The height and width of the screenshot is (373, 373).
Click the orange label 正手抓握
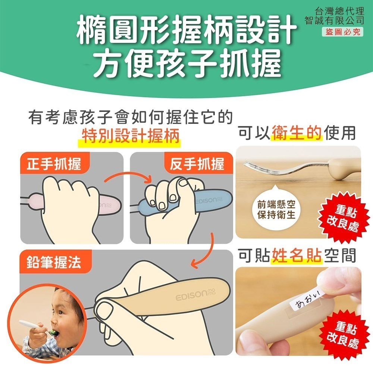point(54,164)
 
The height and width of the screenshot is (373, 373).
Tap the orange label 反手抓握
point(197,164)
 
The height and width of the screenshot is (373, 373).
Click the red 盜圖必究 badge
point(343,32)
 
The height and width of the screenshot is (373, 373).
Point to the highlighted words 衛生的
point(297,133)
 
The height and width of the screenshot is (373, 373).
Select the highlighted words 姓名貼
point(297,256)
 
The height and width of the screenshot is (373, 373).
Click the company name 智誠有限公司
point(334,20)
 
